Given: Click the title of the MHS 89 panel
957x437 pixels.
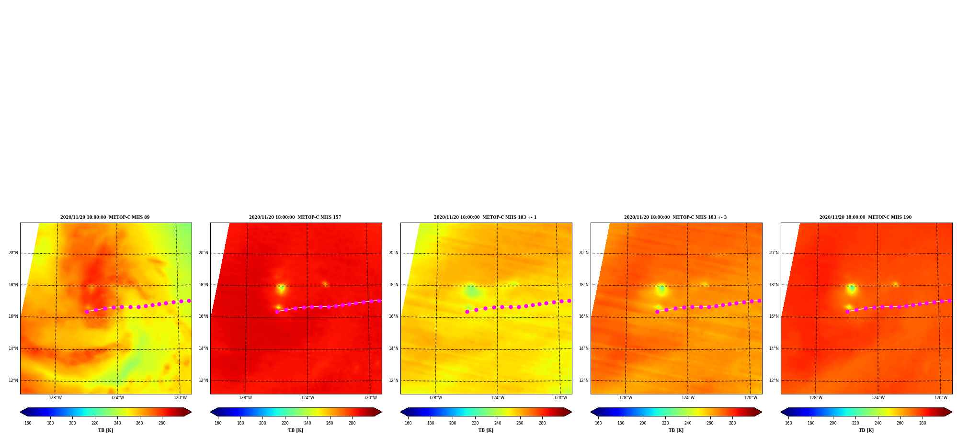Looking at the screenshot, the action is (105, 217).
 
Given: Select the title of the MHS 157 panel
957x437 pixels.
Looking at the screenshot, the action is (295, 217).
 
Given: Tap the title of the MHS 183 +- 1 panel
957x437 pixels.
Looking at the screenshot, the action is (485, 217).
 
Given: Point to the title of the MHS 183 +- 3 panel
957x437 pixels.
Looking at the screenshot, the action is (675, 217).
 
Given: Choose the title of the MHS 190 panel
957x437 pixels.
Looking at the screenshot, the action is (866, 217).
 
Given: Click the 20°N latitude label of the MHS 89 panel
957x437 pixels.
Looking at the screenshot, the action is (13, 253).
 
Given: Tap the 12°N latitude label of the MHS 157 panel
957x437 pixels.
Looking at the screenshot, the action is (204, 381).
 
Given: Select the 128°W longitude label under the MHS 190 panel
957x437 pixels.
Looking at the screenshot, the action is (816, 398).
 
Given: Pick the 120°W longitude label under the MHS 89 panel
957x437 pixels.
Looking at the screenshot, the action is (181, 398).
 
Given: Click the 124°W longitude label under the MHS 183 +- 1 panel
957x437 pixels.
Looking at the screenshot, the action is (498, 398).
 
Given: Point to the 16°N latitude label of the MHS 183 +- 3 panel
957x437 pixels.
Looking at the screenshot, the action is (584, 316).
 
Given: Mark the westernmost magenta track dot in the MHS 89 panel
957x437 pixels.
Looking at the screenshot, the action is (87, 312).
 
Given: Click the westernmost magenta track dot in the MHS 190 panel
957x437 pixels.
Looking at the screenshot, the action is (847, 312).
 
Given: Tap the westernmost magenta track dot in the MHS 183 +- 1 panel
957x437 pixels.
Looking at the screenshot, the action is (467, 312).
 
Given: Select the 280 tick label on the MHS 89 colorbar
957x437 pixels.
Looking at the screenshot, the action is (162, 423).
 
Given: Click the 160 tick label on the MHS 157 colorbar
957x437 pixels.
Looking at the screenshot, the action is (218, 423).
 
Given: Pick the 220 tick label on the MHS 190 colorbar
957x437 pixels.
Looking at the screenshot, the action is (855, 423).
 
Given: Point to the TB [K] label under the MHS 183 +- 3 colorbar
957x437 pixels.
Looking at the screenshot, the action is (676, 430).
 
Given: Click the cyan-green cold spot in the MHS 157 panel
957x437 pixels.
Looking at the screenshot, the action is (281, 288).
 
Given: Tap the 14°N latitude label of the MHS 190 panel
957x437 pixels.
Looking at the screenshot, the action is (774, 348).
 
